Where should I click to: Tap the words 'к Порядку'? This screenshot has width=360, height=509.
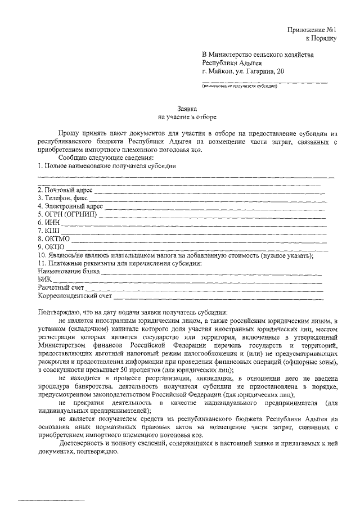(321, 38)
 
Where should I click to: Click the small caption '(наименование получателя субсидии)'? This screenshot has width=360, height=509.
(240, 87)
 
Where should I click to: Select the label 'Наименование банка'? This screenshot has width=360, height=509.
(69, 271)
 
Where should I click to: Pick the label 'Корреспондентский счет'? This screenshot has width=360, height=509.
(75, 295)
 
